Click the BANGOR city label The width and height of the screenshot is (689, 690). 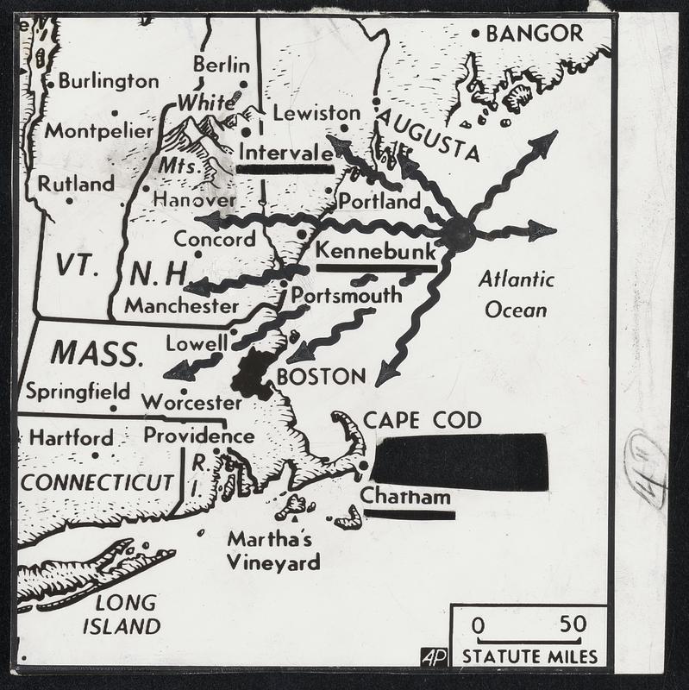coord(535,34)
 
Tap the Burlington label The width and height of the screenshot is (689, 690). coord(109,81)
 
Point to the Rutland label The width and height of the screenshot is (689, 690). coord(76,183)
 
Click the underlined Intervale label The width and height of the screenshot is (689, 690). coord(285,153)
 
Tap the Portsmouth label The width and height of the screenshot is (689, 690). coord(346,295)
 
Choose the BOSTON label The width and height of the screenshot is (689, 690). coord(321,376)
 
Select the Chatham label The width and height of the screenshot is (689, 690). coord(405,497)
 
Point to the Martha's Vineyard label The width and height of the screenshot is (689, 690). coord(272,550)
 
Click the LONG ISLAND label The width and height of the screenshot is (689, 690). coord(122,613)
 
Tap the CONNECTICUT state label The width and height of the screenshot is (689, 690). coord(97,482)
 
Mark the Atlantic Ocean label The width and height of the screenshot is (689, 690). coord(516,294)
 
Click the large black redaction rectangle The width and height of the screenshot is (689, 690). coord(460,461)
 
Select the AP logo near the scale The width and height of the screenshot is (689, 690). coord(435,656)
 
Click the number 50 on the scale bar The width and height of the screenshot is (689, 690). coord(573,624)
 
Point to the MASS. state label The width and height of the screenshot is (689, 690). coord(95,353)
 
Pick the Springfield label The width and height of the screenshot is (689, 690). coord(78,391)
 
